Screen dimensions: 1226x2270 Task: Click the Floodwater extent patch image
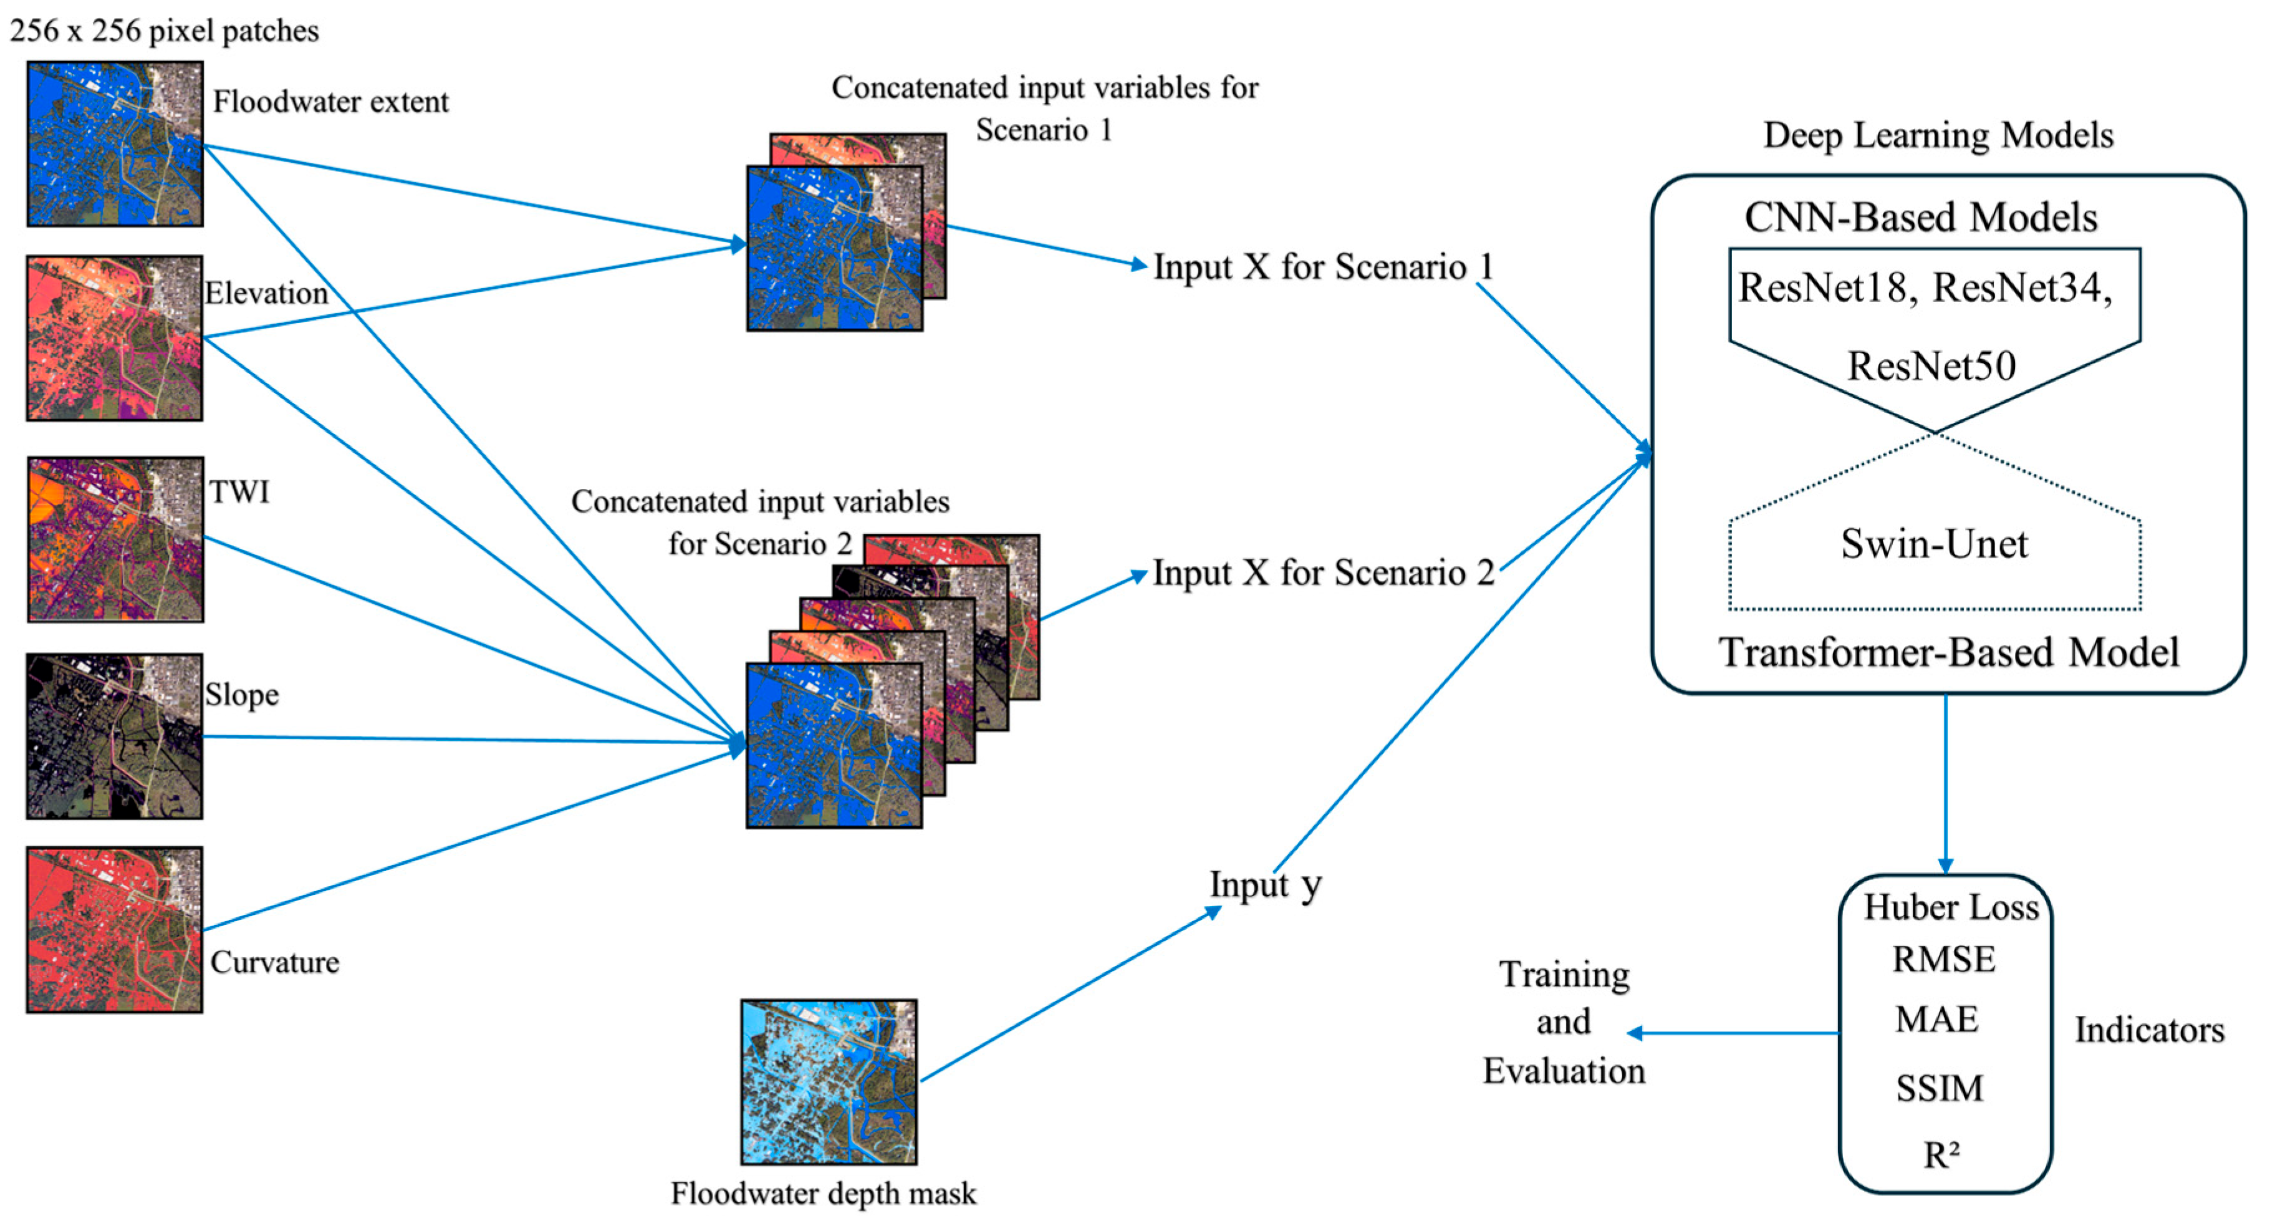pos(115,143)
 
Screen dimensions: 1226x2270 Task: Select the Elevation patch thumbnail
pos(115,337)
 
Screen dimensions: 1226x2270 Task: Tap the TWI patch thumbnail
pos(115,539)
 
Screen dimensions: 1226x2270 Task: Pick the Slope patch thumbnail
pos(115,736)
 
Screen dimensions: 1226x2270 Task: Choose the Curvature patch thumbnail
pos(115,929)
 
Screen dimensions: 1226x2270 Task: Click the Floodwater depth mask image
pos(829,1081)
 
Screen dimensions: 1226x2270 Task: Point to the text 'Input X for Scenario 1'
pos(1322,266)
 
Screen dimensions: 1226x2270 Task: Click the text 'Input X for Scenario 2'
pos(1322,572)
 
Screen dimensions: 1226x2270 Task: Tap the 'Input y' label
pos(1264,884)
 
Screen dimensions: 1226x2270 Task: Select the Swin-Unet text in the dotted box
pos(1933,544)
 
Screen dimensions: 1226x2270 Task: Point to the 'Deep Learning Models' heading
pos(1937,135)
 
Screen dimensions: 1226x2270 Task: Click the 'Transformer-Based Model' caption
pos(1948,652)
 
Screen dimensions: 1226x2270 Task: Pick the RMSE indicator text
pos(1943,959)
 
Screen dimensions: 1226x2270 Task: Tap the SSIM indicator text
pos(1939,1089)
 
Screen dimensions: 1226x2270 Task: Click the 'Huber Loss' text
pos(1950,907)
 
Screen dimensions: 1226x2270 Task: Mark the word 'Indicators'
pos(2148,1030)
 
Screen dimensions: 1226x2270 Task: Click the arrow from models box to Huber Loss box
pos(1945,784)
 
